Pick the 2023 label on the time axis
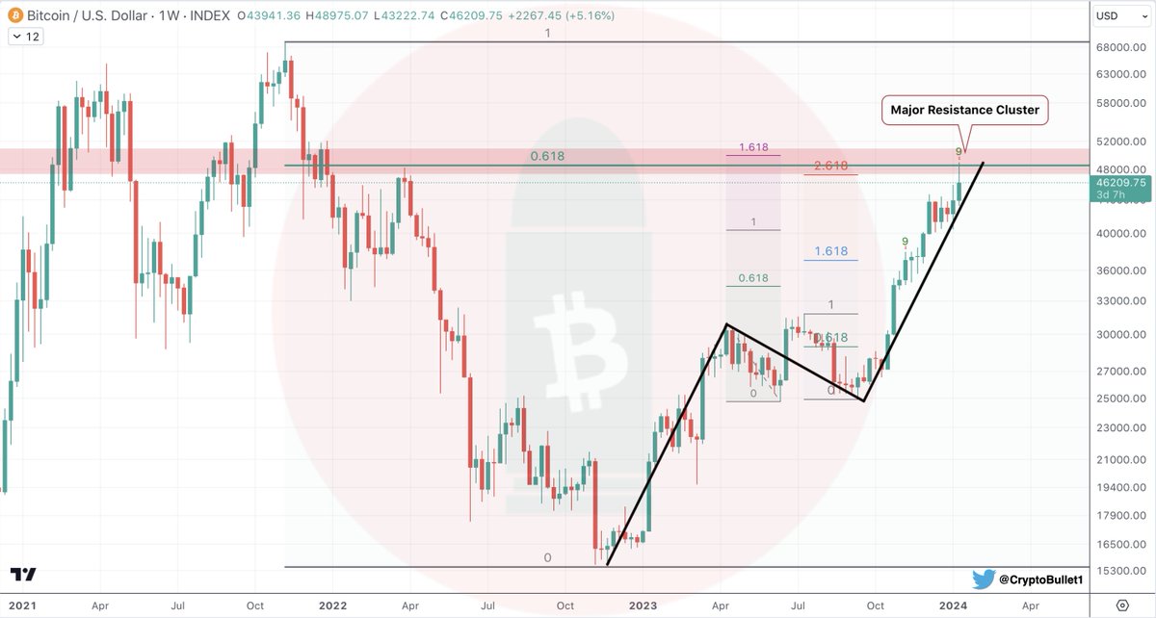643,605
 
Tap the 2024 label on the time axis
953,605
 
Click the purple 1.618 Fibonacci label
753,148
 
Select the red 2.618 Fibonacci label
830,166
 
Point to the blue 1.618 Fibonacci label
830,251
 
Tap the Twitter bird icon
984,579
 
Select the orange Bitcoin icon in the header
13,15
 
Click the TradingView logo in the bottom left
23,575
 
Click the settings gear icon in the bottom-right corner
1121,605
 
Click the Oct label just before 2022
254,605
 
